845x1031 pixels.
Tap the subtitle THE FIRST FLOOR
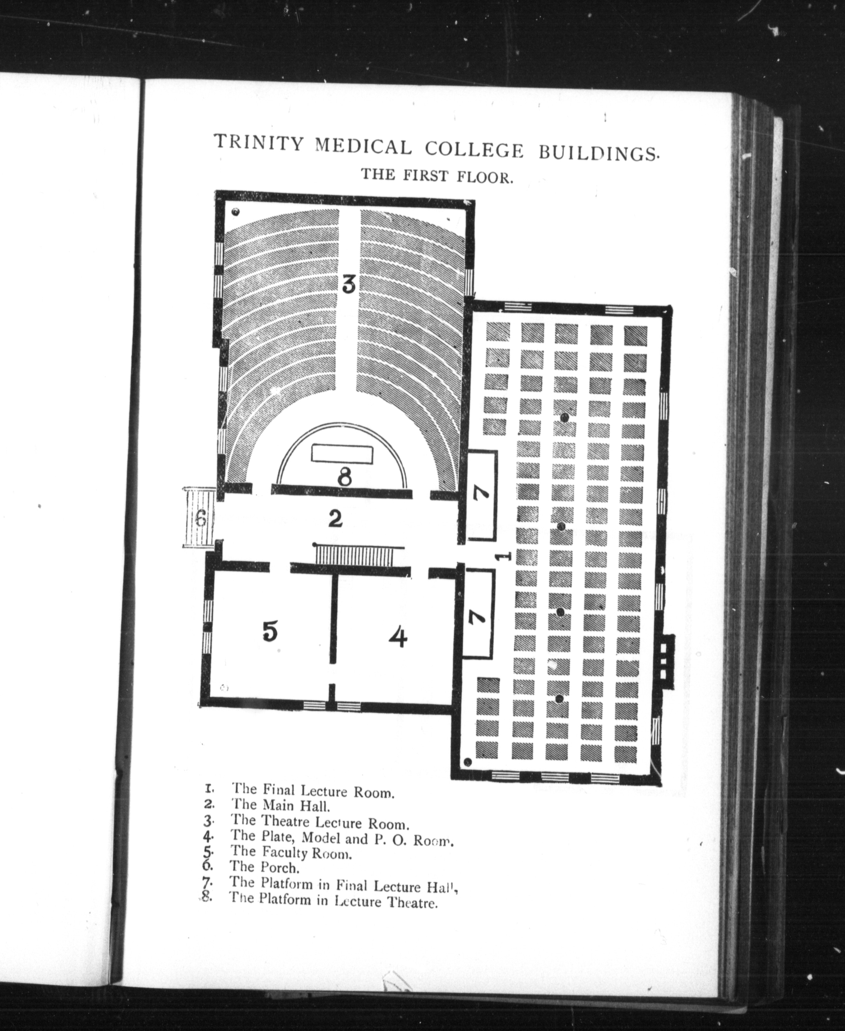pyautogui.click(x=437, y=175)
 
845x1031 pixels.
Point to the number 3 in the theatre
pyautogui.click(x=348, y=284)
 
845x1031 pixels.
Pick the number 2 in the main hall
pyautogui.click(x=335, y=519)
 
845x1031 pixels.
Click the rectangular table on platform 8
pyautogui.click(x=343, y=453)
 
